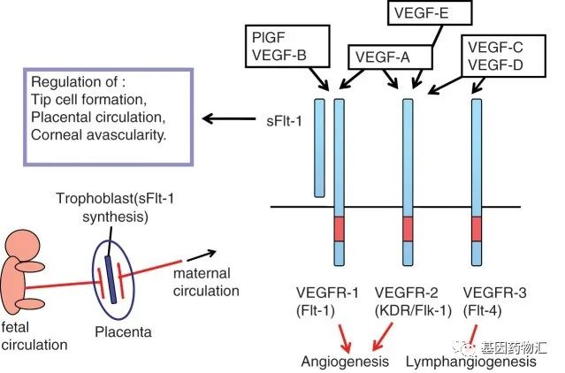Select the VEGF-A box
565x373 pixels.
pos(382,56)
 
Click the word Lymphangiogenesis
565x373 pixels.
pos(470,362)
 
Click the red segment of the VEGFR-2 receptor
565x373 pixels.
pos(408,229)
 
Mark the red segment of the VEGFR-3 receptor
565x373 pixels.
pos(477,229)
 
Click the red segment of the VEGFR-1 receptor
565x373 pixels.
pos(339,229)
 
